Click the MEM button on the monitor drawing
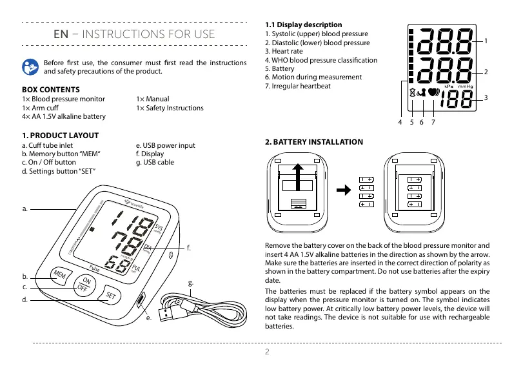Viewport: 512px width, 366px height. click(x=59, y=275)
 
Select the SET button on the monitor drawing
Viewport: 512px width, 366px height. click(x=110, y=296)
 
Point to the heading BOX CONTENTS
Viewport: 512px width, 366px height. click(x=51, y=89)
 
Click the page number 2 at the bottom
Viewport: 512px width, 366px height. click(x=266, y=352)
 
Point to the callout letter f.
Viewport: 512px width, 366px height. click(x=189, y=247)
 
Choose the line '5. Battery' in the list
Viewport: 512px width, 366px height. click(x=280, y=68)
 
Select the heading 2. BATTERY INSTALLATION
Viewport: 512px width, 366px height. click(x=314, y=142)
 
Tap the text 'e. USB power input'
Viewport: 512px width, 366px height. click(x=166, y=146)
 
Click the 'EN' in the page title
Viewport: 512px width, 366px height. click(x=61, y=34)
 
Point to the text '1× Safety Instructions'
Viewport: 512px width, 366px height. click(x=170, y=108)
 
